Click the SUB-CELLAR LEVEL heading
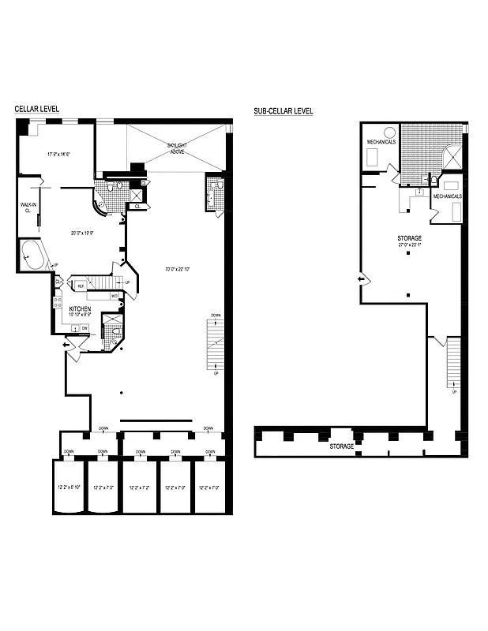283,111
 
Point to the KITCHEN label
81,308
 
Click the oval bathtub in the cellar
32,256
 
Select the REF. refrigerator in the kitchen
81,286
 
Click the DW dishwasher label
84,327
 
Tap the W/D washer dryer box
114,296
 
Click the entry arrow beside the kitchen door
66,345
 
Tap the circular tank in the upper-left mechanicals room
389,132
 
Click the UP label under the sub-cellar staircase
453,391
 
